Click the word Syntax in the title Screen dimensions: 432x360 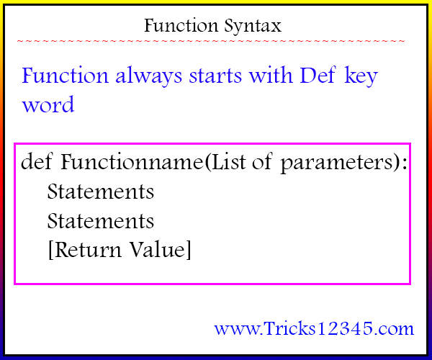(x=253, y=27)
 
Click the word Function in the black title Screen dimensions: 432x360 (x=181, y=25)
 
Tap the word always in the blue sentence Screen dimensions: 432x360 (x=149, y=76)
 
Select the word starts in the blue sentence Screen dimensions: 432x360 (x=215, y=76)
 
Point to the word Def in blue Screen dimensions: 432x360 (x=318, y=75)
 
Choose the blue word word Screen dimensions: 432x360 (x=48, y=104)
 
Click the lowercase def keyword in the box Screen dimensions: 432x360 (x=37, y=161)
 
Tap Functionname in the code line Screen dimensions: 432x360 (x=132, y=162)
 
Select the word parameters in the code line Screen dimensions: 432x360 (x=336, y=163)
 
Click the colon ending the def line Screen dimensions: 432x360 (x=405, y=163)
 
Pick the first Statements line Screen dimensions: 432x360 (x=101, y=192)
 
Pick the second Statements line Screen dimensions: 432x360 (x=101, y=221)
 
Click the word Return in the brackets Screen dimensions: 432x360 (x=88, y=249)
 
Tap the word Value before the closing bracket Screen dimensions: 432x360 (x=157, y=249)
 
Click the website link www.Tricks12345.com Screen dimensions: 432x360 (x=314, y=328)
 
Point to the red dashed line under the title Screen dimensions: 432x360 (x=211, y=41)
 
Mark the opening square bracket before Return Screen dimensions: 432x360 (x=50, y=250)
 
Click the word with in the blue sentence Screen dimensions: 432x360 (x=271, y=75)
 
